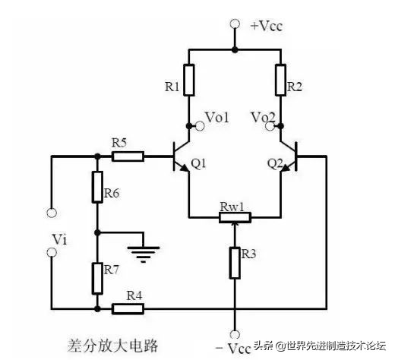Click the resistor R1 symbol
point(188,81)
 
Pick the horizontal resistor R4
point(127,309)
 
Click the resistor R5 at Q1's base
point(127,156)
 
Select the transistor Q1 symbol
point(182,157)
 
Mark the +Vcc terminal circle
point(234,24)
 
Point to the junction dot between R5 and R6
point(97,156)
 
